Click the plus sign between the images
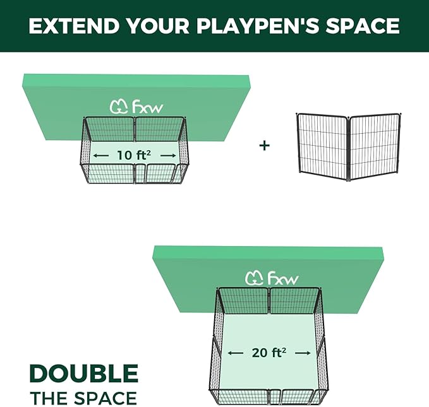pos(265,146)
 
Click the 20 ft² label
pos(269,353)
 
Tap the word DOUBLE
pos(83,374)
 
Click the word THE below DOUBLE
pos(49,398)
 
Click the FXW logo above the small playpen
pos(136,107)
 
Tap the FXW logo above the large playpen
pos(272,278)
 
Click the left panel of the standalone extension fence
pos(322,146)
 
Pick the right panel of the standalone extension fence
pos(375,146)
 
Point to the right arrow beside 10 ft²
pos(168,155)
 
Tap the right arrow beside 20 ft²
pos(305,353)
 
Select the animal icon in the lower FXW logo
pos(254,278)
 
